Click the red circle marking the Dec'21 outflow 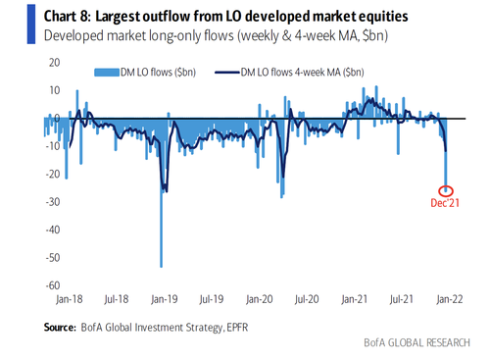coord(445,191)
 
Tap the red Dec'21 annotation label coord(445,203)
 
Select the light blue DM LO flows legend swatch coord(107,73)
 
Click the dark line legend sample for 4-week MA coord(227,73)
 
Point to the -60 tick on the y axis coord(53,285)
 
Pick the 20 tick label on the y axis coord(55,63)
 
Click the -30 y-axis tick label coord(53,202)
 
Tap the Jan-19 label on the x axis coord(165,299)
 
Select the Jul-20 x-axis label coord(307,299)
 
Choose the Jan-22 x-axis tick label coord(450,299)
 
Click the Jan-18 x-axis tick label coord(70,299)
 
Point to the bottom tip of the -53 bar coord(161,267)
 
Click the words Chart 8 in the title coord(67,16)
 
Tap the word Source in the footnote coord(60,328)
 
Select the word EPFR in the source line coord(237,328)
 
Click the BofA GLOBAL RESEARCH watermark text coord(417,342)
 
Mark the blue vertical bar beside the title coord(31,25)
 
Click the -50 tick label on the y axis coord(53,258)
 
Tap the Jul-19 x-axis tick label coord(212,299)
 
